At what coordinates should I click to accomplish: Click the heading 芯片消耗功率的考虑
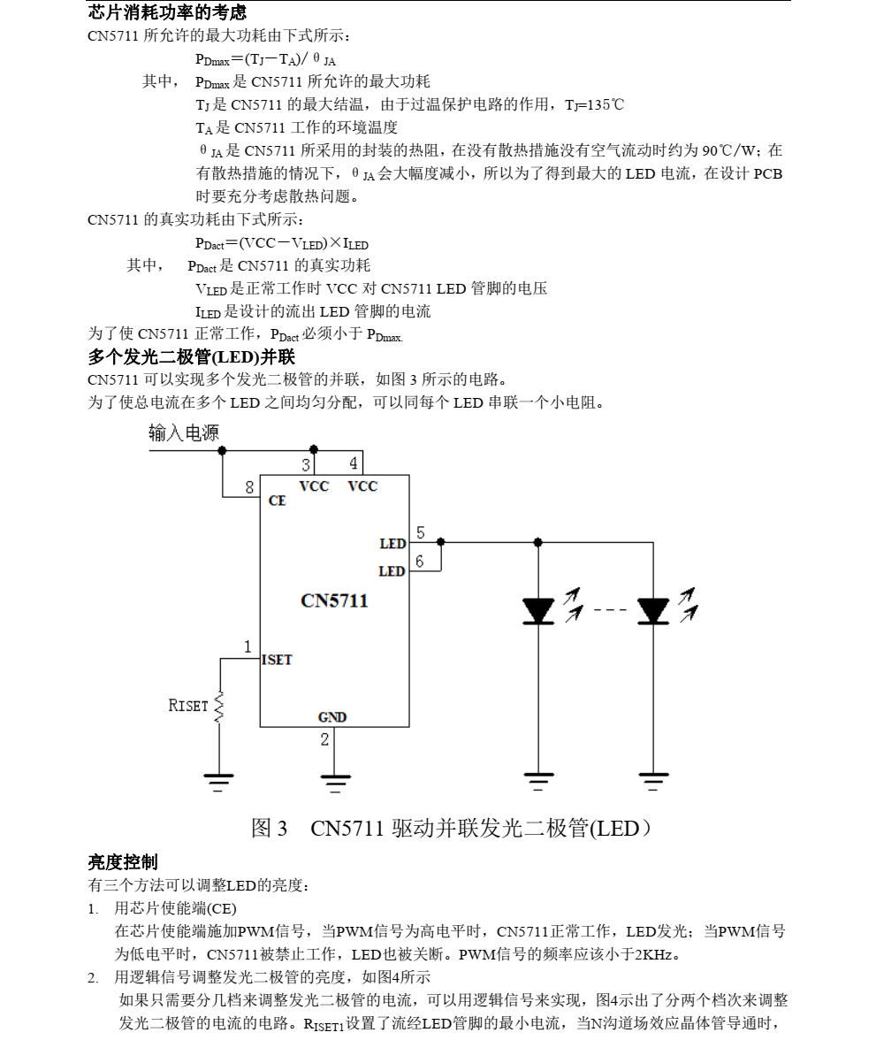click(167, 12)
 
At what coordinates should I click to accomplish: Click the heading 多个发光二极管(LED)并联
click(191, 358)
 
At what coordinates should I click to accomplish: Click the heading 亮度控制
click(123, 861)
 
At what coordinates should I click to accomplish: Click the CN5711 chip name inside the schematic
click(334, 601)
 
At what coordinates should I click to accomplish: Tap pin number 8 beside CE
click(249, 486)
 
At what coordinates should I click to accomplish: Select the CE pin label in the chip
click(277, 501)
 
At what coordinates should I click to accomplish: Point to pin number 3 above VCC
click(307, 464)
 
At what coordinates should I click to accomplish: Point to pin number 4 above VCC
click(354, 463)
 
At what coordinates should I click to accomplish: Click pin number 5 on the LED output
click(420, 532)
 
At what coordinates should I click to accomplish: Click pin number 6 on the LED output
click(420, 561)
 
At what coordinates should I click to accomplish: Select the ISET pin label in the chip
click(277, 660)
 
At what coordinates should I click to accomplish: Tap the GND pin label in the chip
click(332, 717)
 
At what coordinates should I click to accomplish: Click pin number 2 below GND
click(324, 739)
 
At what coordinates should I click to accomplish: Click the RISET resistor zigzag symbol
click(219, 706)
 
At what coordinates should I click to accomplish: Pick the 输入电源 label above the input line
click(184, 432)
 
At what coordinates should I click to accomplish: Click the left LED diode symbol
click(538, 610)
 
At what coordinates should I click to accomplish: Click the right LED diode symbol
click(653, 610)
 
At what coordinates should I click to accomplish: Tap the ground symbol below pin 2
click(334, 780)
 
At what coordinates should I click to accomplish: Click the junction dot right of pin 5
click(440, 541)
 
